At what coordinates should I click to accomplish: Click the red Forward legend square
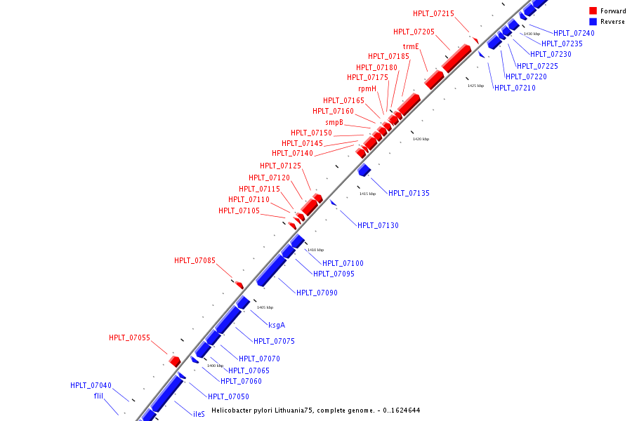click(x=593, y=11)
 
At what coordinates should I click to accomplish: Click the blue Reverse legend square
click(x=593, y=22)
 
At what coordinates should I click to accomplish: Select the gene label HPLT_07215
click(x=433, y=13)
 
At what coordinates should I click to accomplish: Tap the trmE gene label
click(x=411, y=46)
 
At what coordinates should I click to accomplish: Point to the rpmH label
click(x=367, y=88)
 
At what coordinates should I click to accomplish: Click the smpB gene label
click(x=334, y=122)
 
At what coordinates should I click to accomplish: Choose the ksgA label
click(x=277, y=325)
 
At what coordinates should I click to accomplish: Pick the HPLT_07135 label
click(x=409, y=193)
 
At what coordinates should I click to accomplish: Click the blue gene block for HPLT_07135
click(x=364, y=170)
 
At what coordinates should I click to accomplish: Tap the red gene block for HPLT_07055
click(x=175, y=361)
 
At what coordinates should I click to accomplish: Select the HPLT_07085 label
click(x=195, y=260)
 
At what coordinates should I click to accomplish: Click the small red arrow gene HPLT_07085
click(x=239, y=285)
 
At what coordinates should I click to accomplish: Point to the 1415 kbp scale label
click(x=367, y=194)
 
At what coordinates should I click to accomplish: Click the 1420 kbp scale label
click(x=421, y=139)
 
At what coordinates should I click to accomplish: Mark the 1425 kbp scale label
click(x=475, y=86)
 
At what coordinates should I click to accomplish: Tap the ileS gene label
click(x=199, y=414)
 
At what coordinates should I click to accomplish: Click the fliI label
click(x=98, y=396)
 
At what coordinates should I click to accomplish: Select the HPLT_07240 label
click(x=573, y=33)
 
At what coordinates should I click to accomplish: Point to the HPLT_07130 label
click(x=378, y=225)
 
